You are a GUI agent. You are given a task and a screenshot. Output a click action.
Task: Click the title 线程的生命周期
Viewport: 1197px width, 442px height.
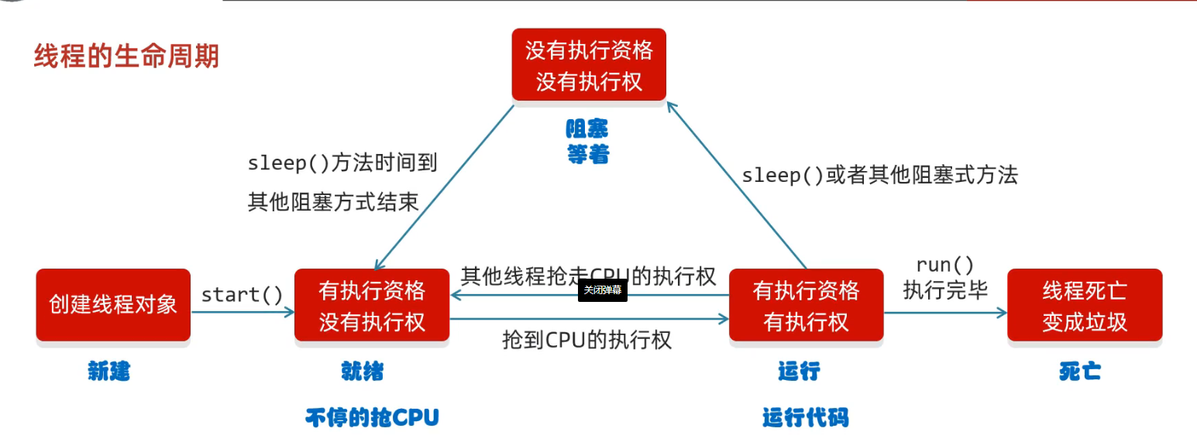coord(126,57)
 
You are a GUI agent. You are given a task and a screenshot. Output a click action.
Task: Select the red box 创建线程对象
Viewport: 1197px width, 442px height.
coord(113,304)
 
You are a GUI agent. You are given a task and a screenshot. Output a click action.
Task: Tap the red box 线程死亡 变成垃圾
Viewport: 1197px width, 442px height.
coord(1084,305)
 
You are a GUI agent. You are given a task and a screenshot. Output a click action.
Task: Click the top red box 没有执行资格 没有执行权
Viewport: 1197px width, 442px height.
coord(589,65)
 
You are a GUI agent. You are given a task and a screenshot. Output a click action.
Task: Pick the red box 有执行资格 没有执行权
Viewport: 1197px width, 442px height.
coord(372,305)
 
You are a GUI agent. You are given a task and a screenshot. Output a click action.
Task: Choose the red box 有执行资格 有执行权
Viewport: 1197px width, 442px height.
coord(806,305)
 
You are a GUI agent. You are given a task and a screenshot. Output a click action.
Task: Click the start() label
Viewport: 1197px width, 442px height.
coord(242,295)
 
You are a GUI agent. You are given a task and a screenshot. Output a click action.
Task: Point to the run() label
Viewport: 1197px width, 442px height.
coord(945,266)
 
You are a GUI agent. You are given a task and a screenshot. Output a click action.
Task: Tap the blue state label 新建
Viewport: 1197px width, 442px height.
coord(109,372)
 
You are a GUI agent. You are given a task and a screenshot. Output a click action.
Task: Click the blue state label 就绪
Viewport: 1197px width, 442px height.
coord(363,372)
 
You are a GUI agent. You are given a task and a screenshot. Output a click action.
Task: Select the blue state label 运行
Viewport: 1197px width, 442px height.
coord(799,372)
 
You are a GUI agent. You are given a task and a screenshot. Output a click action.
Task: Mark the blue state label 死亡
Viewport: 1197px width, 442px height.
coord(1080,372)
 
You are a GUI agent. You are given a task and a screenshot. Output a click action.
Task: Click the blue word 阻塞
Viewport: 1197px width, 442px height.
coord(587,128)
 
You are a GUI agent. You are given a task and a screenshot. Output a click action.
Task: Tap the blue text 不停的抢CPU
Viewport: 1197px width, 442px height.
coord(372,418)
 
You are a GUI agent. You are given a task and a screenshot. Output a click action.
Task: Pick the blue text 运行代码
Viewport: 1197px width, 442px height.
coord(805,418)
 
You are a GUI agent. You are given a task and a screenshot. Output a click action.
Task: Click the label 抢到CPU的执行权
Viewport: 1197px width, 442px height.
coord(586,339)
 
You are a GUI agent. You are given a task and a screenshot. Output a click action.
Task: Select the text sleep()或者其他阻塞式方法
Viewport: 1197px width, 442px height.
coord(879,175)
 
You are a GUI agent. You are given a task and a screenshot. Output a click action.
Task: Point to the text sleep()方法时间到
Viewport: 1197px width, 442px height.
coord(342,163)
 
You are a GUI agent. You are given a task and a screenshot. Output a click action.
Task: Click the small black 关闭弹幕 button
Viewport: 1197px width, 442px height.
coord(602,290)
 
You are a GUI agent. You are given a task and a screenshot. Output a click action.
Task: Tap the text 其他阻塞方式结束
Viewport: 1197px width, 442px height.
coord(333,202)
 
